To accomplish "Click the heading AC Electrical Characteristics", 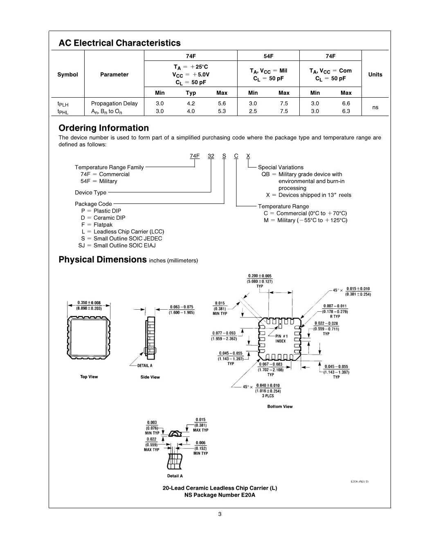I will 119,43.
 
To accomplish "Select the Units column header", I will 375,74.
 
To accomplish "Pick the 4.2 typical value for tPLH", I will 191,103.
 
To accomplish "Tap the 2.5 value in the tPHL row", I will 253,111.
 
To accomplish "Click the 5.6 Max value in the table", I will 222,103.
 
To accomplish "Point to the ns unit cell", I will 375,107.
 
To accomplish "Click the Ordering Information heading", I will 103,128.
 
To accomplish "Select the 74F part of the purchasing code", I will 195,156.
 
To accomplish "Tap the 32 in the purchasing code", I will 211,156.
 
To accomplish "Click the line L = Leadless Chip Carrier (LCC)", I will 123,232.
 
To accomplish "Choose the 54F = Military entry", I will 99,181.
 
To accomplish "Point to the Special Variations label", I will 281,167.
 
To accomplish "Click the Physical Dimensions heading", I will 103,260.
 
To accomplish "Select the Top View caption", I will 89,377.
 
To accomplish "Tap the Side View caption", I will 150,377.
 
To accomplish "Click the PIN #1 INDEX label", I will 281,339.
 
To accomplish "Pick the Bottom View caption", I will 280,406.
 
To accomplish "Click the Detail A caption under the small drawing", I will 175,476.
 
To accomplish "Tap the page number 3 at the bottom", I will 220,514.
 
